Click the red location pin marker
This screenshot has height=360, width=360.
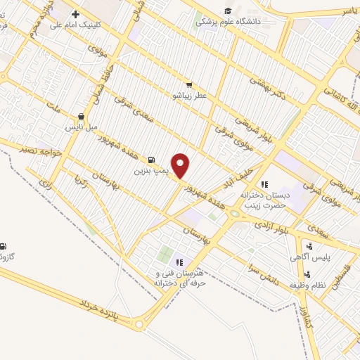[x=181, y=166]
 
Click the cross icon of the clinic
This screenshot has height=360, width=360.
[x=75, y=14]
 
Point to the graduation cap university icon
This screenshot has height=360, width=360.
[x=228, y=10]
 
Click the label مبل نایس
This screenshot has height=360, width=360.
[x=80, y=127]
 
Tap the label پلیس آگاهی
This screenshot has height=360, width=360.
[x=309, y=258]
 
